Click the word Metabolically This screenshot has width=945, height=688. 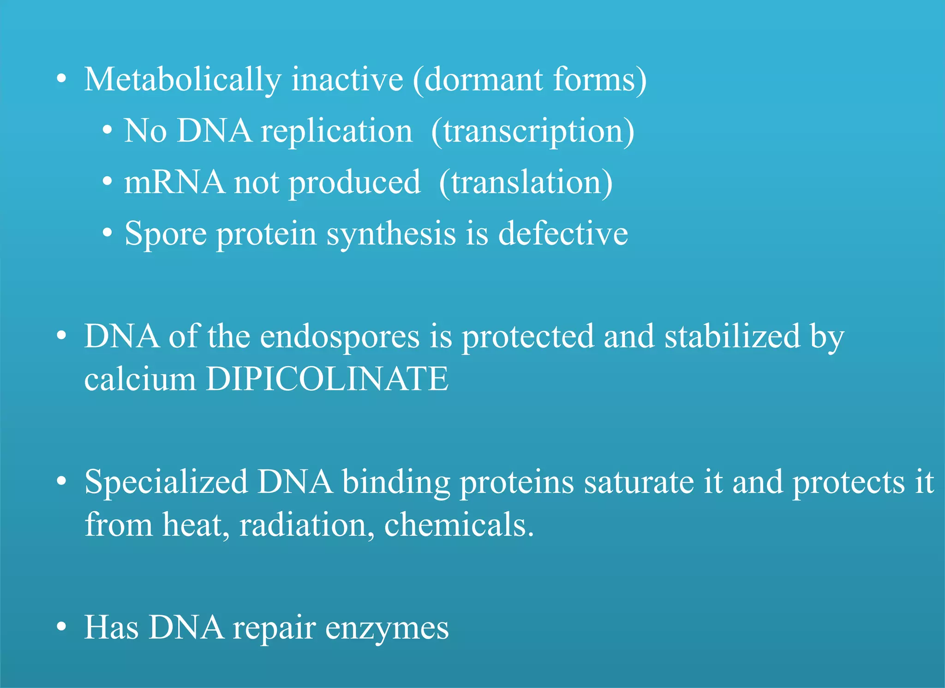[182, 80]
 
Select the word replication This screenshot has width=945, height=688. [336, 131]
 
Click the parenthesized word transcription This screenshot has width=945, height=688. [532, 132]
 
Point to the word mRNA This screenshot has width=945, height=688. [174, 182]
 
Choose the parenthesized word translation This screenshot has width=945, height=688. [526, 183]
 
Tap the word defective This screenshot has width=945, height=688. [563, 233]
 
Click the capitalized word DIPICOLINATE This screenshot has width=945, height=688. [327, 379]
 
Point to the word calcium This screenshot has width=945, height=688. [140, 379]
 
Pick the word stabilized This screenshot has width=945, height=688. [732, 336]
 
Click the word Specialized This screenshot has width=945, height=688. [166, 482]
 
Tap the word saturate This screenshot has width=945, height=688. [639, 482]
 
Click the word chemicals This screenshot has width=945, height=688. [459, 525]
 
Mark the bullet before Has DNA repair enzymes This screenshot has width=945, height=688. [61, 628]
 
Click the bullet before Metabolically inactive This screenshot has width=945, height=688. [61, 79]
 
